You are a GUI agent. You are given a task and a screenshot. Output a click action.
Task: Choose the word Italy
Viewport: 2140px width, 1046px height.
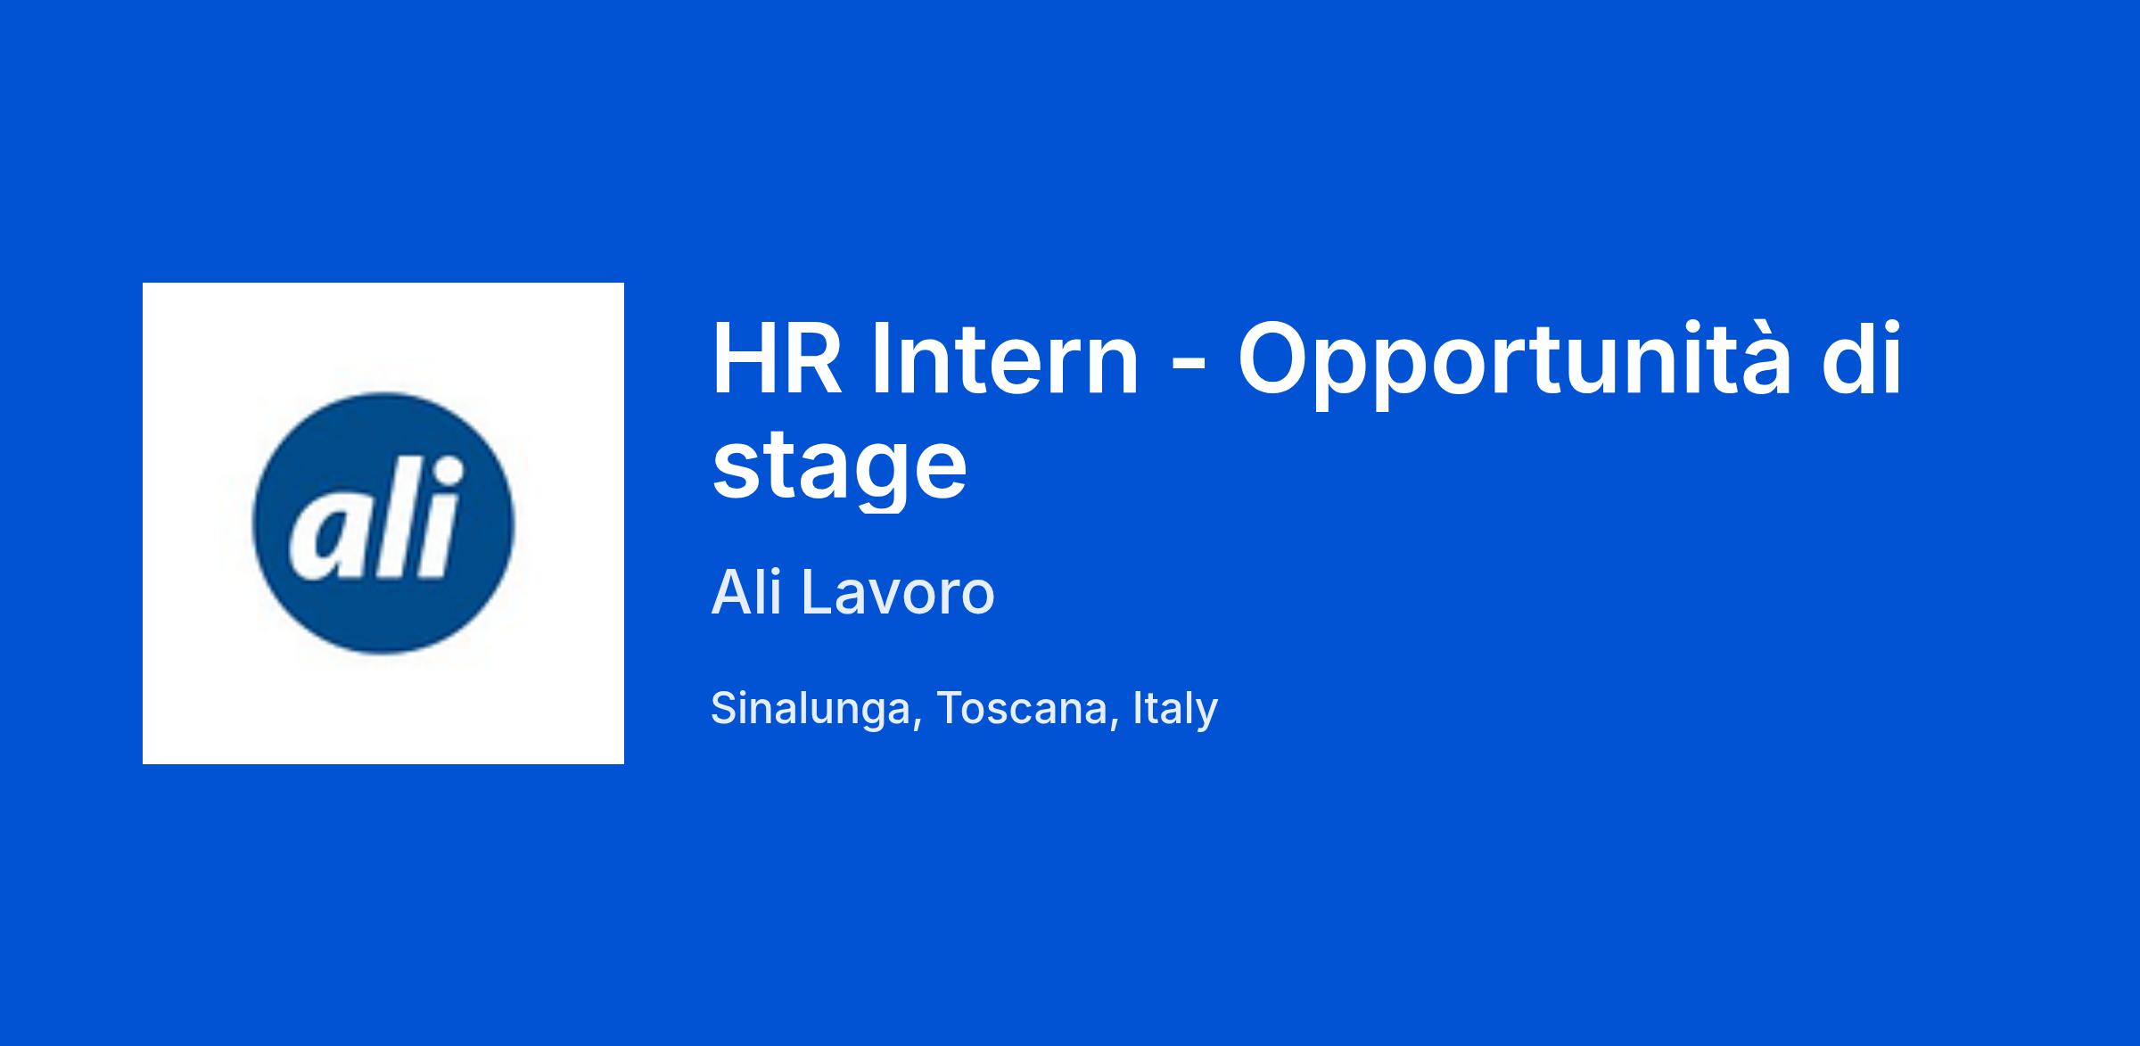tap(1175, 709)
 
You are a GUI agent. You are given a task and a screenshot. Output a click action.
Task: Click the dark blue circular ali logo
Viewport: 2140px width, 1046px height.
tap(383, 523)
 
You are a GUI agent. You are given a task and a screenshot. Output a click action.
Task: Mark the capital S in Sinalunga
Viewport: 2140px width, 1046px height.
tap(727, 708)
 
